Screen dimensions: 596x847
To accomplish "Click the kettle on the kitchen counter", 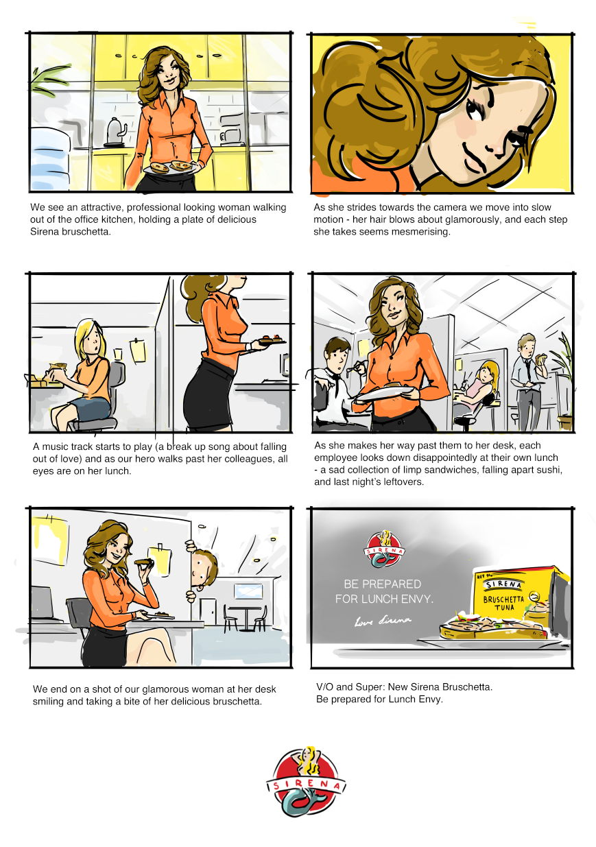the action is (x=115, y=132).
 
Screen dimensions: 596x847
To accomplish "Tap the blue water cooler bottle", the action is (x=49, y=159).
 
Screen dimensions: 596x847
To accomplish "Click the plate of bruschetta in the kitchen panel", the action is (x=170, y=167).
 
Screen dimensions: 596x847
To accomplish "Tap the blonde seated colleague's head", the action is (x=90, y=338).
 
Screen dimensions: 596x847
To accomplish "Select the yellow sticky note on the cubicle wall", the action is (x=137, y=350).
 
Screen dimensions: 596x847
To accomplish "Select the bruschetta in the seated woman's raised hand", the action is (x=144, y=563).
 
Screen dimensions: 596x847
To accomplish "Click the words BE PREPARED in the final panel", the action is (x=382, y=584).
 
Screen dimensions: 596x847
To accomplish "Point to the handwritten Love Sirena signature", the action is (x=383, y=621).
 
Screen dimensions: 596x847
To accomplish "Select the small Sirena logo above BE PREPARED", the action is (x=384, y=549).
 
